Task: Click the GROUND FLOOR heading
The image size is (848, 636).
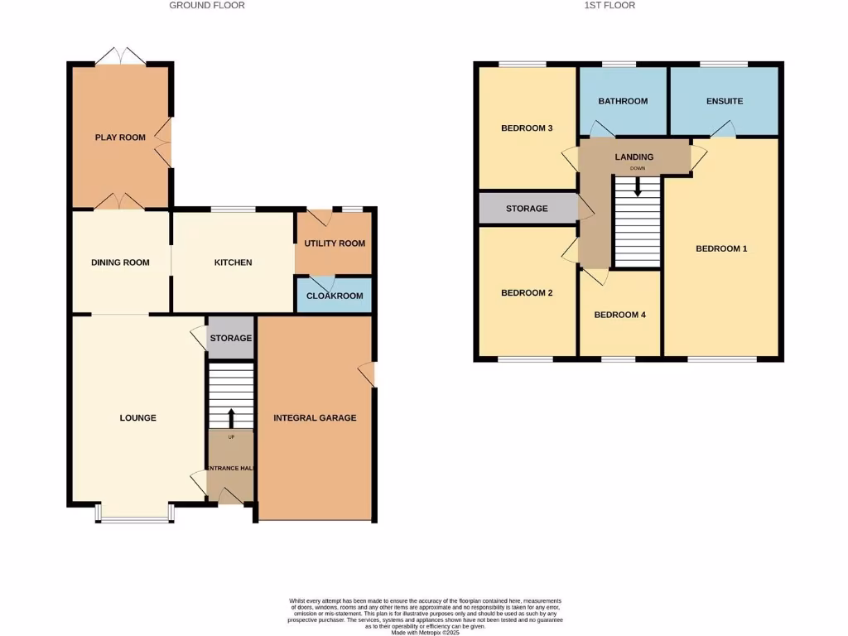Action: pyautogui.click(x=207, y=5)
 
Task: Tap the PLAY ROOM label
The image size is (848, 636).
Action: pyautogui.click(x=120, y=137)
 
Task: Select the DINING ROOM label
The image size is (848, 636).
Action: pyautogui.click(x=120, y=263)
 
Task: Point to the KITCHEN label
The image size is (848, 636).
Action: pyautogui.click(x=233, y=263)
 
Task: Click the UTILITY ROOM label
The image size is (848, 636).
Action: pyautogui.click(x=335, y=243)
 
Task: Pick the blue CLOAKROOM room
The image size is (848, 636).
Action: pyautogui.click(x=335, y=296)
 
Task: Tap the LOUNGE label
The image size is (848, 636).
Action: pyautogui.click(x=137, y=418)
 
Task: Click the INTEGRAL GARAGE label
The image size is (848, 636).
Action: pyautogui.click(x=315, y=418)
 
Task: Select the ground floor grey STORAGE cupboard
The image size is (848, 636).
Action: pyautogui.click(x=230, y=338)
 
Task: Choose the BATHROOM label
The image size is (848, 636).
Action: pyautogui.click(x=623, y=101)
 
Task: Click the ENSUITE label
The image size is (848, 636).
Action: pyautogui.click(x=725, y=101)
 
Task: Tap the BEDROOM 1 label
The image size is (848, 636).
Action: pyautogui.click(x=721, y=248)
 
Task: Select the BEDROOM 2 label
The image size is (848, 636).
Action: pyautogui.click(x=527, y=293)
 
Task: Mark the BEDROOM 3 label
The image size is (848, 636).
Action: pyautogui.click(x=527, y=128)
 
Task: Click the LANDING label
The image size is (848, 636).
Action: pyautogui.click(x=634, y=157)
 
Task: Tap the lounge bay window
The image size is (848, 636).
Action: pyautogui.click(x=133, y=519)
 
